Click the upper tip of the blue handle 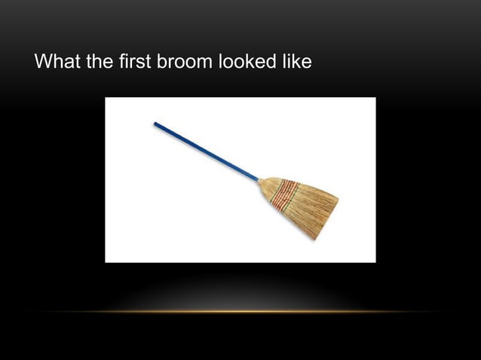[x=156, y=124]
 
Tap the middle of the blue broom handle [x=207, y=152]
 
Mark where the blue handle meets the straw [x=259, y=181]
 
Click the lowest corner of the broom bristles [x=316, y=239]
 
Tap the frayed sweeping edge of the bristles [x=327, y=219]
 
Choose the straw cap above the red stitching [x=267, y=188]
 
